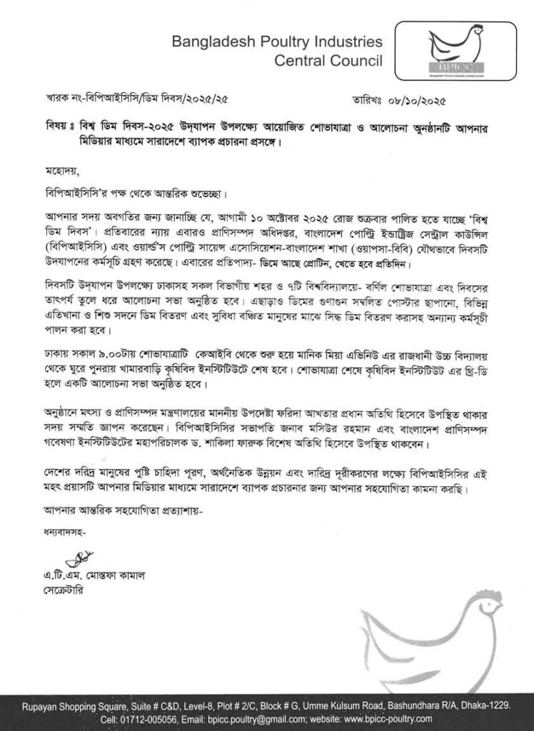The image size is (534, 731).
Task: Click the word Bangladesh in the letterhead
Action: coord(208,42)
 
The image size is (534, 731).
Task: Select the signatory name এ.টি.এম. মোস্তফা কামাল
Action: coord(94,575)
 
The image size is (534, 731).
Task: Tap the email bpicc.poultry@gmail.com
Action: coord(274,717)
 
